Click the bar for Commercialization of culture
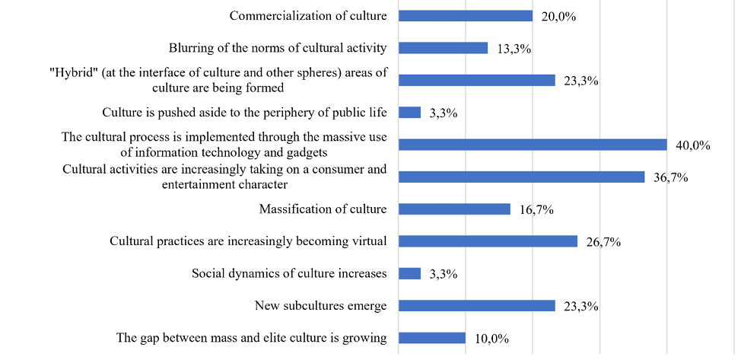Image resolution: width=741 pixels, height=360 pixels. pyautogui.click(x=465, y=15)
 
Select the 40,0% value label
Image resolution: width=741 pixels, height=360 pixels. pyautogui.click(x=693, y=145)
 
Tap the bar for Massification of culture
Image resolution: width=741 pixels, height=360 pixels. pyautogui.click(x=454, y=209)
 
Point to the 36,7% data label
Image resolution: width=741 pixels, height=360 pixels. pyautogui.click(x=671, y=178)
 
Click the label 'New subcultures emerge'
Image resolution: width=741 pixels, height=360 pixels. pyautogui.click(x=320, y=306)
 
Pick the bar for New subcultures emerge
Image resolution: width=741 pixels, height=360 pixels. pyautogui.click(x=476, y=306)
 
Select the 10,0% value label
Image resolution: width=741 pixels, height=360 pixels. pyautogui.click(x=491, y=339)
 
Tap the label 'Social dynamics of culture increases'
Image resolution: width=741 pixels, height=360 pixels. pyautogui.click(x=289, y=273)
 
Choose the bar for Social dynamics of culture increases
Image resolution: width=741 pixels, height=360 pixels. pyautogui.click(x=409, y=273)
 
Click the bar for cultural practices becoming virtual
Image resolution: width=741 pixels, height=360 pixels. pyautogui.click(x=488, y=241)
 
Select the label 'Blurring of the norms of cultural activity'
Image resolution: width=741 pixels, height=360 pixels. pyautogui.click(x=278, y=48)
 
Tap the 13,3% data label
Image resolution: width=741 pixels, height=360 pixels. pyautogui.click(x=514, y=49)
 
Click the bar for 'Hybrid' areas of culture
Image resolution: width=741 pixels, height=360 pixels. pyautogui.click(x=476, y=80)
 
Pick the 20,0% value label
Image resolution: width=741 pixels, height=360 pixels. pyautogui.click(x=558, y=16)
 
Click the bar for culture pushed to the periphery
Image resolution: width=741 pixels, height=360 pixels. pyautogui.click(x=409, y=113)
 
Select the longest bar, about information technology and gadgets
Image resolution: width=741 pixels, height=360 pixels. pyautogui.click(x=533, y=145)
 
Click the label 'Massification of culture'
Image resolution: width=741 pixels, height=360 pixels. pyautogui.click(x=323, y=209)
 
